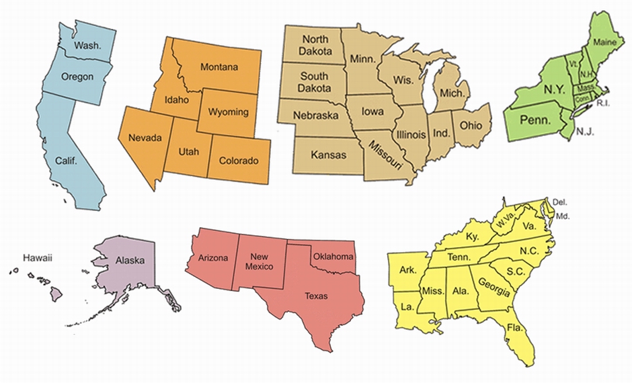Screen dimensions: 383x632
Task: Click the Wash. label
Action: pos(87,46)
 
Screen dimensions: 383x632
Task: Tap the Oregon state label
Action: pos(77,77)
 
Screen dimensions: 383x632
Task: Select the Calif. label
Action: pos(67,161)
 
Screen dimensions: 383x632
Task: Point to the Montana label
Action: pos(219,67)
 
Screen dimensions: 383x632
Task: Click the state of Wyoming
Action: pos(228,112)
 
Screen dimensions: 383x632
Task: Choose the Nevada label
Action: pos(145,138)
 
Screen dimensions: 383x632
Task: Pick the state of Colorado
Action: pos(239,161)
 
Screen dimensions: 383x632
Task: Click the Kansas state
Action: pos(328,155)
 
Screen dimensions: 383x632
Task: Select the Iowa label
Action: pos(373,112)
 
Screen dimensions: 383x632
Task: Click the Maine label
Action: pos(604,43)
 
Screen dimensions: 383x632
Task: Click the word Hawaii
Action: pos(37,257)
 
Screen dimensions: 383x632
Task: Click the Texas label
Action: pos(316,296)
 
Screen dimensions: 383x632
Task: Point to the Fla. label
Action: pos(516,328)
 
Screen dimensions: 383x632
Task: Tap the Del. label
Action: pos(559,202)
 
